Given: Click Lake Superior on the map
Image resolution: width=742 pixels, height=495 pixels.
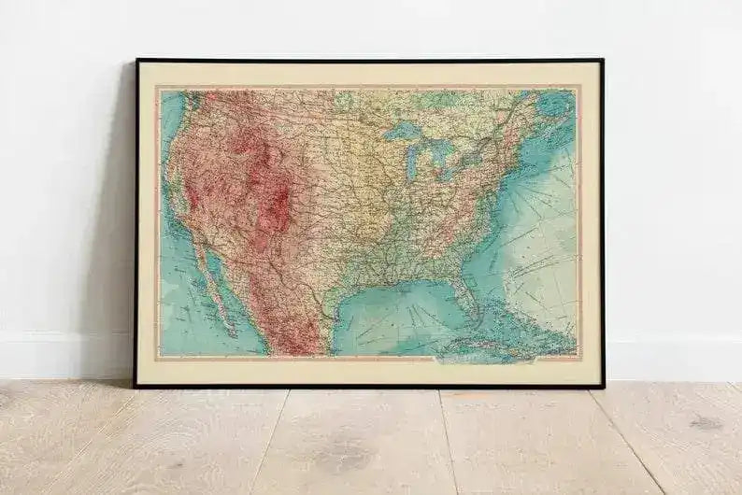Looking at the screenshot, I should click(404, 131).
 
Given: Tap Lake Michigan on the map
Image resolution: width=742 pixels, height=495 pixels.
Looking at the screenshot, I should click(411, 161).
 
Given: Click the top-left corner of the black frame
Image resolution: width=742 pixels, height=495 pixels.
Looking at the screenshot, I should click(137, 61).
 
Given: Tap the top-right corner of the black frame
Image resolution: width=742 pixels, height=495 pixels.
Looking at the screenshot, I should click(602, 61).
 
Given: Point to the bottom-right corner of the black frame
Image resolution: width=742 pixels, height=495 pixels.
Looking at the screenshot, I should click(604, 385).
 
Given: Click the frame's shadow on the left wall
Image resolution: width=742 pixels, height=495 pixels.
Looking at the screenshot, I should click(117, 233).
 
